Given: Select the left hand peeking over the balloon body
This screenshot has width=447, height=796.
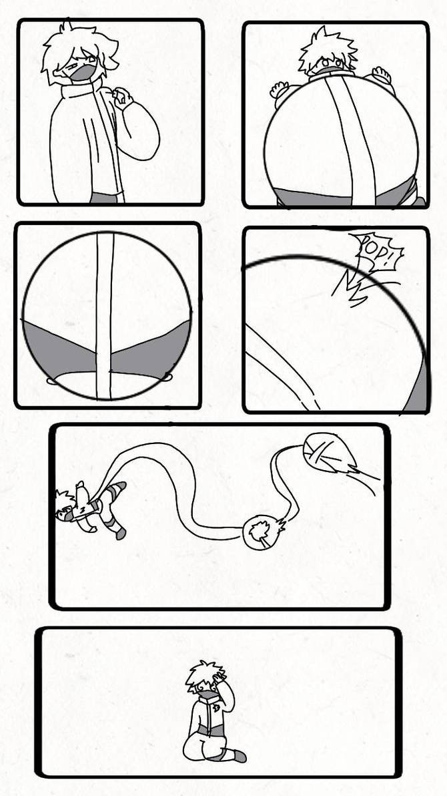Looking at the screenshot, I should tap(279, 88).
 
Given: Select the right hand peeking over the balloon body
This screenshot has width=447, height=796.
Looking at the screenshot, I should tap(382, 73).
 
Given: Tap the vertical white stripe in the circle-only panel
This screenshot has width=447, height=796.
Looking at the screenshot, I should tap(104, 314).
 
